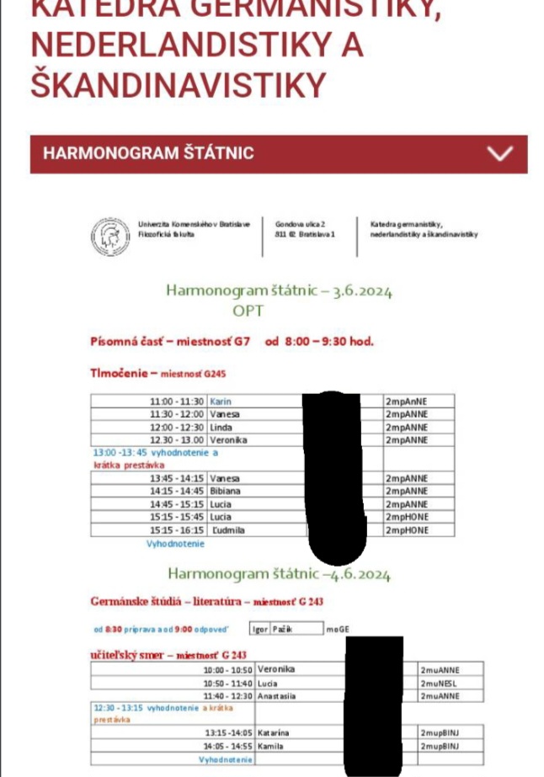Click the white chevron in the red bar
[500, 153]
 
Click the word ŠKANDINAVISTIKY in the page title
[178, 85]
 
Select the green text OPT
[248, 311]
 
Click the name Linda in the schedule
[221, 427]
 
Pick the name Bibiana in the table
[225, 491]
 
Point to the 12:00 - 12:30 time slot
[176, 427]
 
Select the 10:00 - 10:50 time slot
[227, 669]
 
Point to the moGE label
[338, 628]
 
